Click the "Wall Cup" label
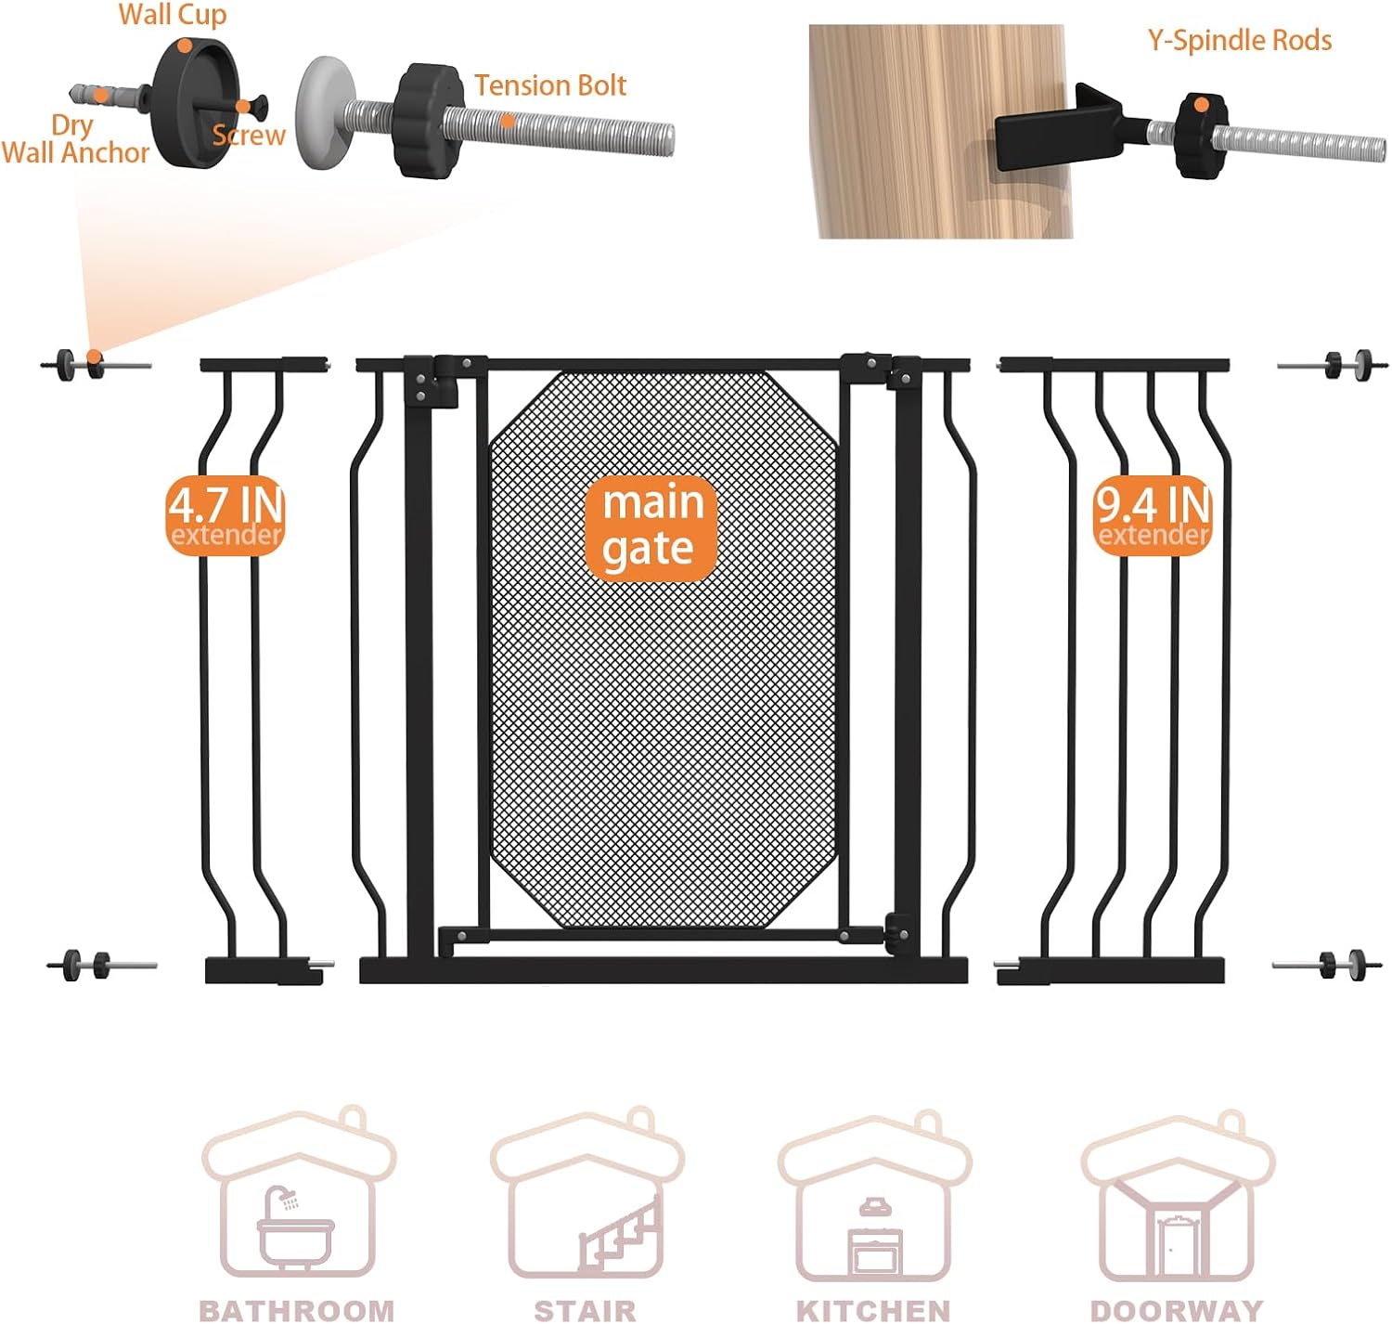[x=172, y=14]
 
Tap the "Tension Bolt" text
[x=549, y=85]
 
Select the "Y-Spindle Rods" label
[x=1238, y=40]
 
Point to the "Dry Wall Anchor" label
[x=74, y=139]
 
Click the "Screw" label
[x=248, y=135]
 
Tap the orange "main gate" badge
[x=650, y=526]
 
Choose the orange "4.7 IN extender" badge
[x=226, y=515]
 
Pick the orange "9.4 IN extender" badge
[x=1152, y=515]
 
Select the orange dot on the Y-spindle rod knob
[x=1201, y=106]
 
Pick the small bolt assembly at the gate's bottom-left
[x=101, y=964]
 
